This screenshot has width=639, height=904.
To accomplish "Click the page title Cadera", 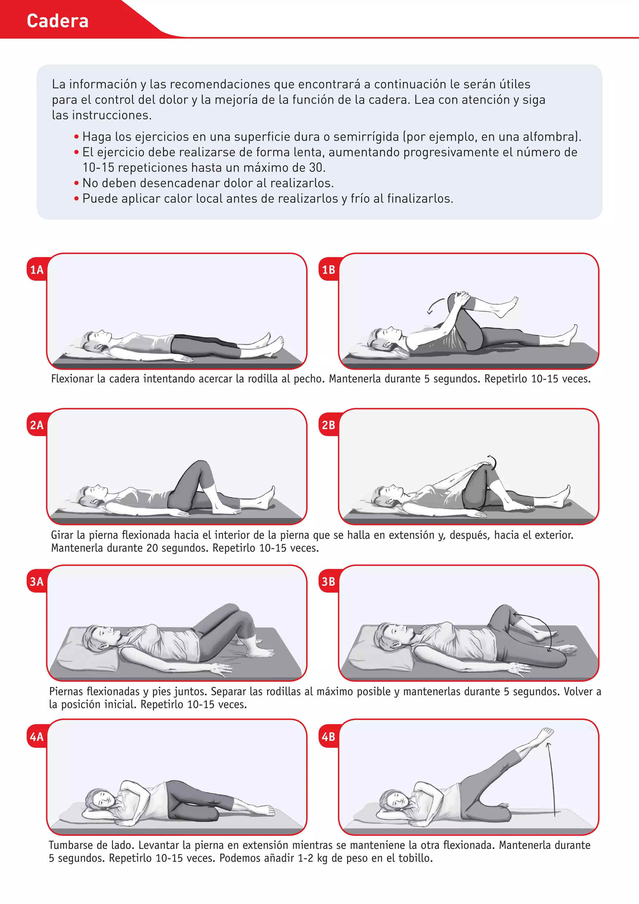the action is point(57,21).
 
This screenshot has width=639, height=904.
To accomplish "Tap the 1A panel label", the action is point(37,270).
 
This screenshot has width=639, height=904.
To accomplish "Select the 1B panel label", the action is point(329,270).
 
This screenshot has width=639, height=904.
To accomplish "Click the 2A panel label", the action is point(37,425).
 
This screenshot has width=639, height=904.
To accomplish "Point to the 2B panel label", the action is point(329,425).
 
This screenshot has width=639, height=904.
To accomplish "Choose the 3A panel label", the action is point(37,582).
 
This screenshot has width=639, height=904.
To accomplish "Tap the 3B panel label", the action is point(329,582).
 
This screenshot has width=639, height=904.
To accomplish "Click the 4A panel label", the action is point(37,737).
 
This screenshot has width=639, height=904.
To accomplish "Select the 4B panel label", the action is point(329,737).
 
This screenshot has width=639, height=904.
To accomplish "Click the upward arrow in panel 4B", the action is point(552,778).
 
